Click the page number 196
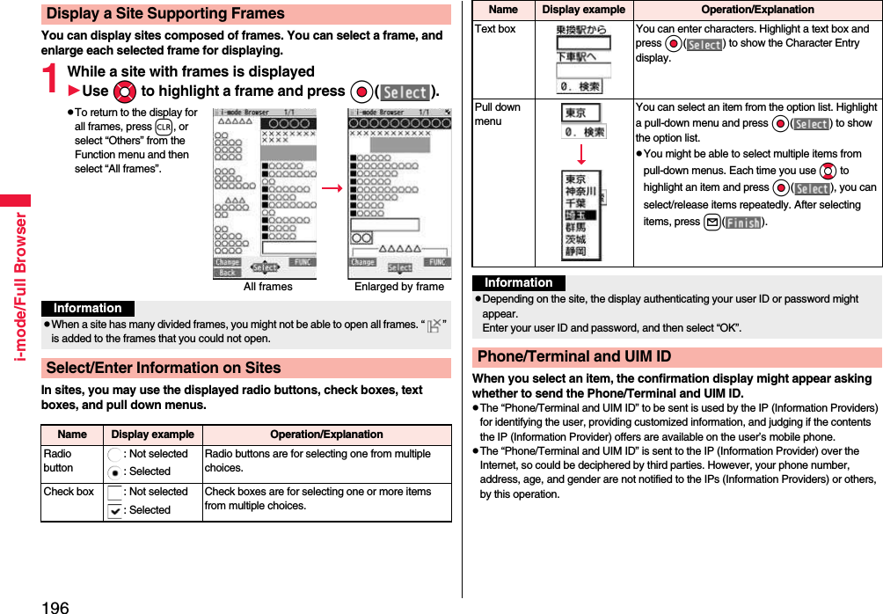pos(55,606)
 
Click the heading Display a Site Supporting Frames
pos(165,14)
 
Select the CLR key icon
pos(163,127)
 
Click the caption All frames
pos(267,287)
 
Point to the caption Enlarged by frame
pos(398,287)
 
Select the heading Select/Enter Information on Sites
pos(164,368)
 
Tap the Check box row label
pos(69,492)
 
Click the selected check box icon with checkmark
pos(115,510)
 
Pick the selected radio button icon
pos(115,471)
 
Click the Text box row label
pos(495,29)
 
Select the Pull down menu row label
pos(498,113)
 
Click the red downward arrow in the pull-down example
pos(580,154)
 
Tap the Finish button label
pos(742,223)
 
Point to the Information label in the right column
pos(519,283)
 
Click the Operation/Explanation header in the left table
pos(326,435)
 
